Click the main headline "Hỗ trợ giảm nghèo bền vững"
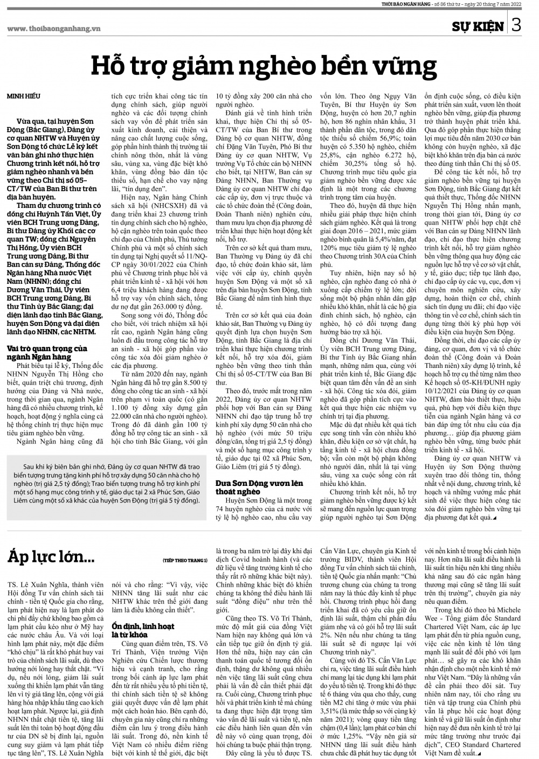coord(263,66)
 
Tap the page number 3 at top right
coord(516,25)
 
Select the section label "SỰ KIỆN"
coord(478,26)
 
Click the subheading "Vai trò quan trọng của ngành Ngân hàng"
coord(47,352)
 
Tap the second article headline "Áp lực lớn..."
coord(52,555)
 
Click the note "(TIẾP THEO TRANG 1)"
coord(184,561)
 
